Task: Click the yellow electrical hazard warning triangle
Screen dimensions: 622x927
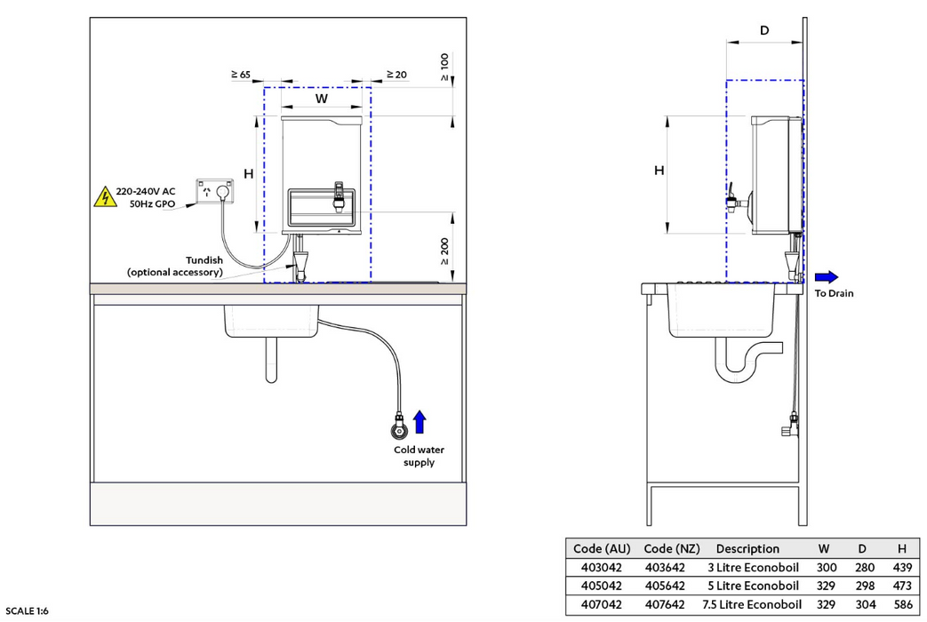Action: [x=105, y=197]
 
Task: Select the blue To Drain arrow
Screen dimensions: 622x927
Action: [x=826, y=276]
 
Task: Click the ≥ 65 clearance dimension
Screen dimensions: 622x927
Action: [x=240, y=75]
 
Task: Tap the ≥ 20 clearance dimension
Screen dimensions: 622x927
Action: [x=396, y=75]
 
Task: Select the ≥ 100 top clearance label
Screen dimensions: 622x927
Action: [x=444, y=68]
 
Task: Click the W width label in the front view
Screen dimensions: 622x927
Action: [x=322, y=99]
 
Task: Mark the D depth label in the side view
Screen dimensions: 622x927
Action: [x=764, y=31]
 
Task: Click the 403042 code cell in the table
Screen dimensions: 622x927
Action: [x=594, y=567]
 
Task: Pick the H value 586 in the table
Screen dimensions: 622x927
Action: [x=901, y=604]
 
